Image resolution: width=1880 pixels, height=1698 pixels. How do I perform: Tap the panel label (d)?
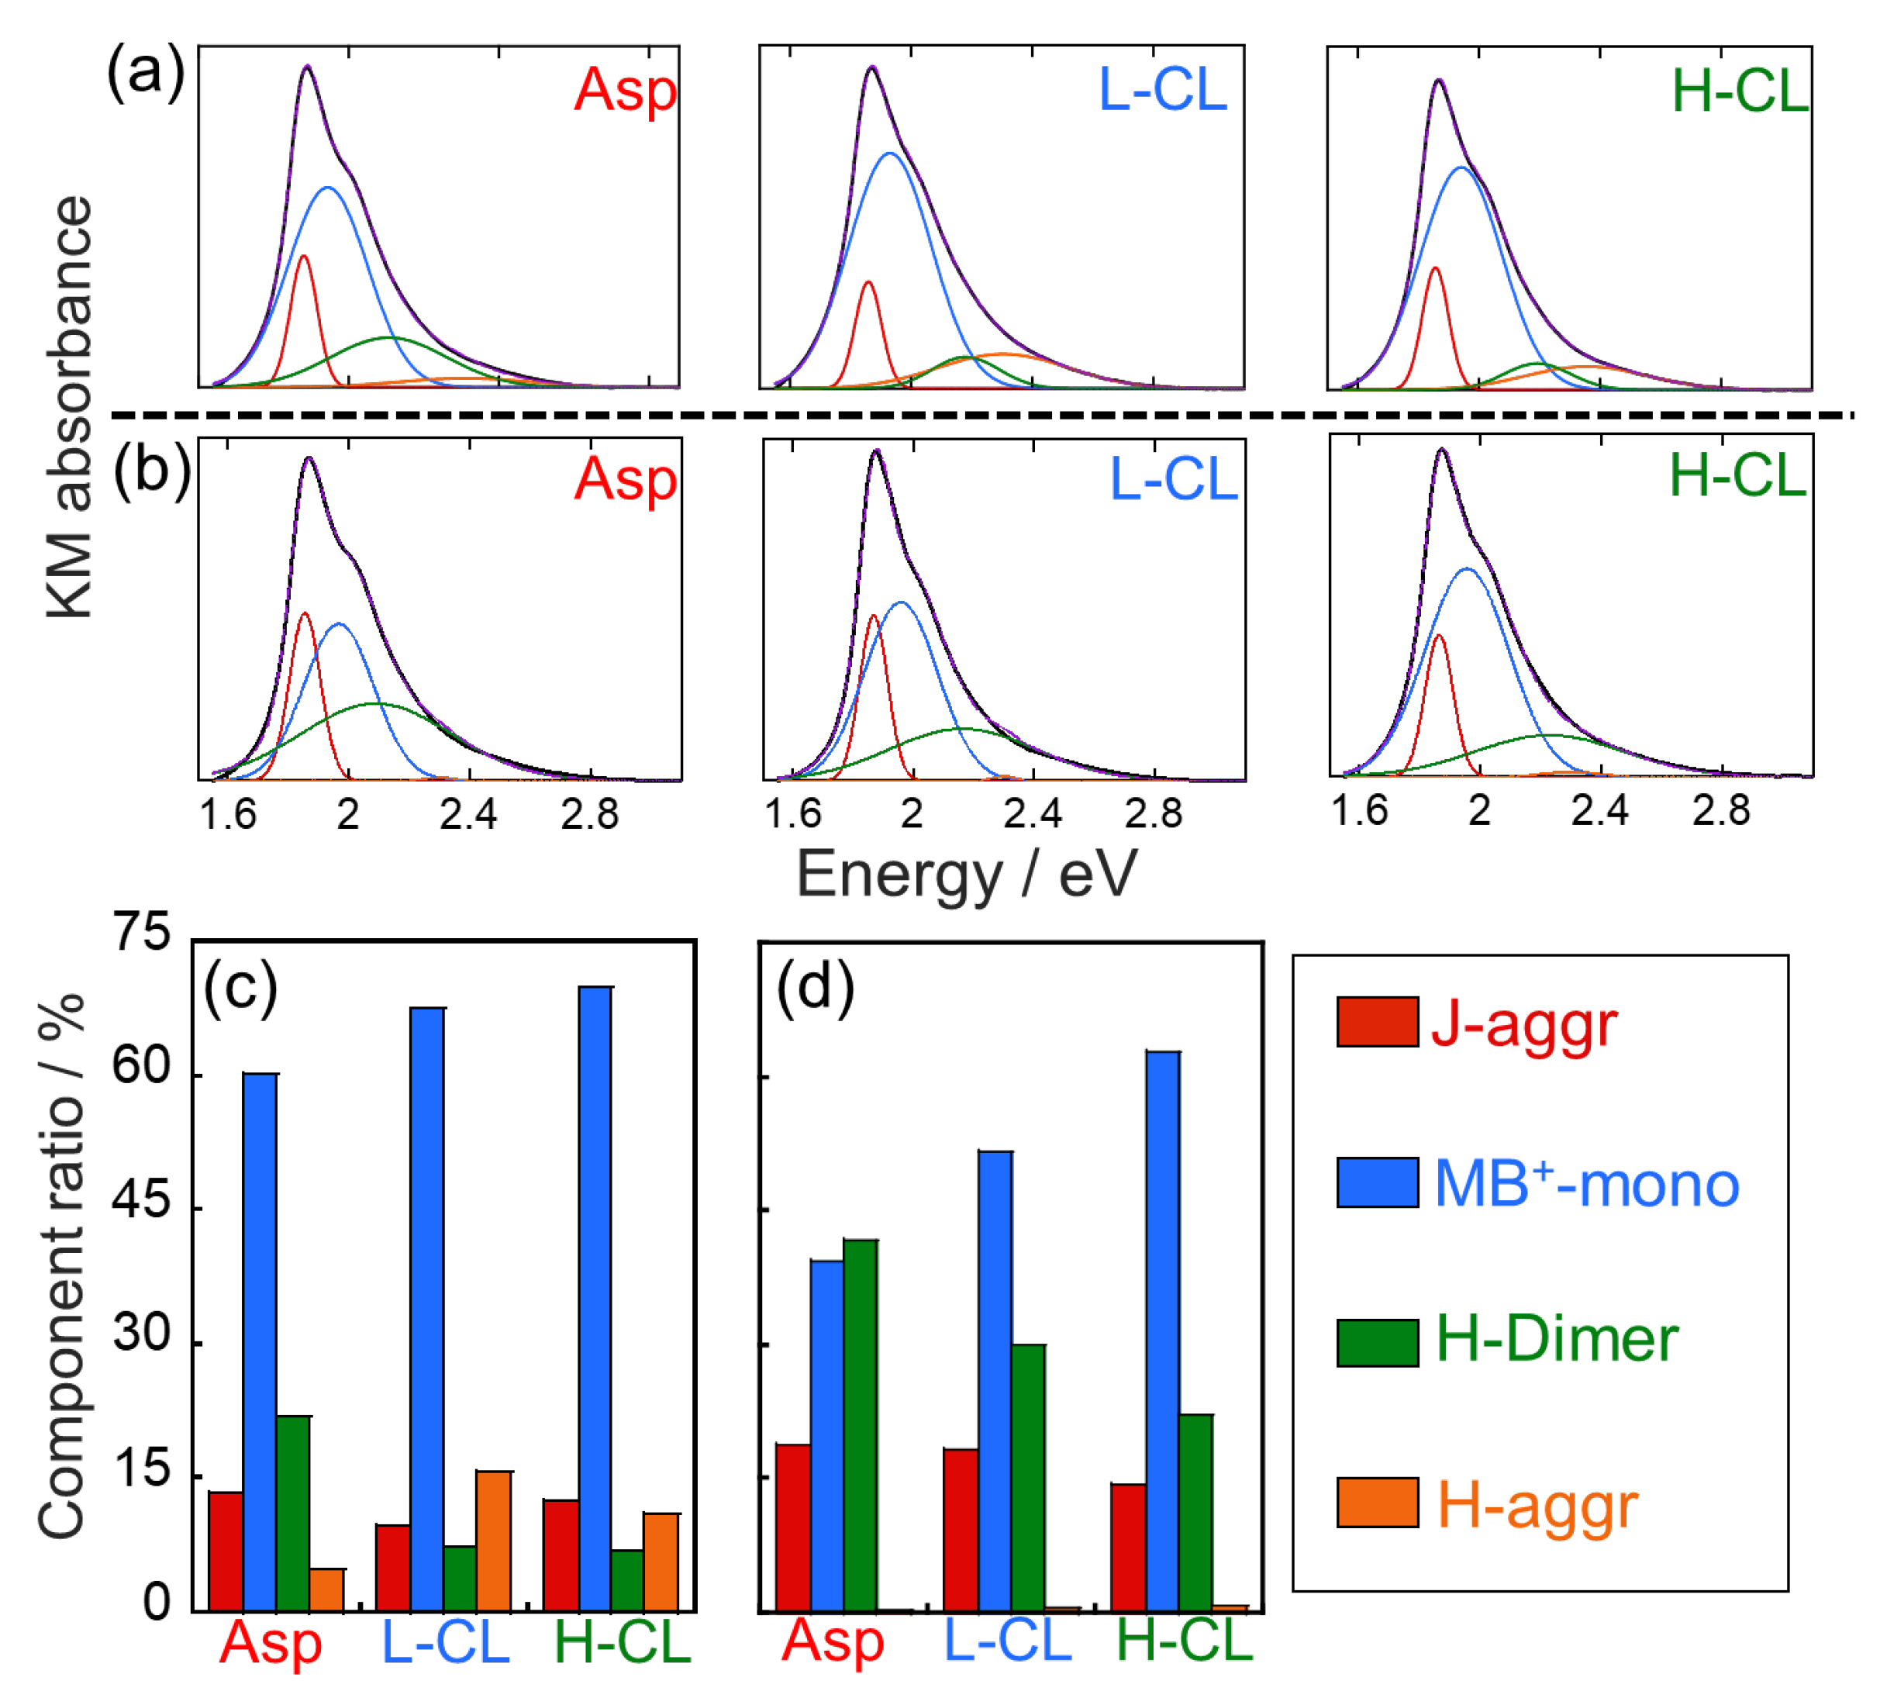coord(815,986)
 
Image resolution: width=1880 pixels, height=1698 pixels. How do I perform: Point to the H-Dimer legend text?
coord(1557,1340)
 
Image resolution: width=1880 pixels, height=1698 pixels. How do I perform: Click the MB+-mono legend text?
coord(1586,1184)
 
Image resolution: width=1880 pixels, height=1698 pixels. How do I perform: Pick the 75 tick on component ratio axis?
coord(142,933)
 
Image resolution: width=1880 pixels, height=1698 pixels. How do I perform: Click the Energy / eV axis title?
coord(966,875)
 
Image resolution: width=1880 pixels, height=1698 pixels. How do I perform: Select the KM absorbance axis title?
coord(69,406)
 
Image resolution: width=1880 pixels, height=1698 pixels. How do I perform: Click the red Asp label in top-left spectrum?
coord(625,91)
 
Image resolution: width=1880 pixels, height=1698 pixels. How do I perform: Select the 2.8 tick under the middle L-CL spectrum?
coord(1153,814)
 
